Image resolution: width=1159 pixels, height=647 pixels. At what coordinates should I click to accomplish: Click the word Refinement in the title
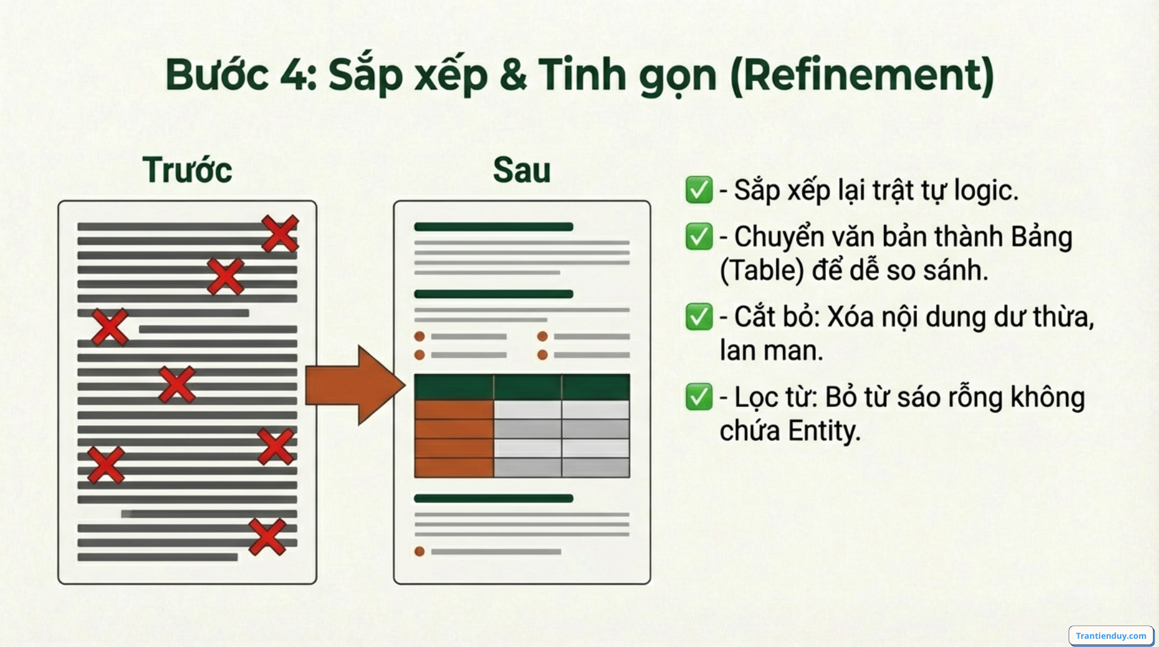[862, 75]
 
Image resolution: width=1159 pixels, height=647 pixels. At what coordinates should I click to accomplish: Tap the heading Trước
[187, 170]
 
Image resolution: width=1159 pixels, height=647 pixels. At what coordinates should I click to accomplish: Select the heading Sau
[521, 170]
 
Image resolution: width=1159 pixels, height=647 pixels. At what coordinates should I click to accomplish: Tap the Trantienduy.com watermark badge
[1110, 636]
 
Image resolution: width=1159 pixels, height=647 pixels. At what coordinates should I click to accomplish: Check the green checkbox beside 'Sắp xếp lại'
[698, 190]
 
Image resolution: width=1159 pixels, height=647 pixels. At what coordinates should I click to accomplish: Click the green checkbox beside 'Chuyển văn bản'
[698, 237]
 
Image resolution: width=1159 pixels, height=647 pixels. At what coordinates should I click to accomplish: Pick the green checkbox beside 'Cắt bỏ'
[698, 317]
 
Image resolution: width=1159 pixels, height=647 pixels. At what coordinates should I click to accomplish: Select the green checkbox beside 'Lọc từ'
[698, 397]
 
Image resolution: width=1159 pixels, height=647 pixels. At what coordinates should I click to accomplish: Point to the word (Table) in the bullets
[762, 270]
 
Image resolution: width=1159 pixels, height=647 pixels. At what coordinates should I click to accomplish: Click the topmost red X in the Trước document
[280, 233]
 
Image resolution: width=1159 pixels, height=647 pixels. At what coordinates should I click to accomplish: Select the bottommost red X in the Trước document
[267, 537]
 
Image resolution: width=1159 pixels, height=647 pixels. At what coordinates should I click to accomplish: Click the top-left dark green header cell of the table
[454, 387]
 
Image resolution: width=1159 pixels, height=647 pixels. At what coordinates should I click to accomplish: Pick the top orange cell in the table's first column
[454, 409]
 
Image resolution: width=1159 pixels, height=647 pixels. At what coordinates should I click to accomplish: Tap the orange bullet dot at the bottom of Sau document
[419, 552]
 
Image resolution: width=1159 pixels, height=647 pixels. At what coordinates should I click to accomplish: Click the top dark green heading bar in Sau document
[494, 227]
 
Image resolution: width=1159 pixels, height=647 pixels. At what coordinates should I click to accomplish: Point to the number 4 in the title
[294, 75]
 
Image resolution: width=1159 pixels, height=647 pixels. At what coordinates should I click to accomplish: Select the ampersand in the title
[513, 75]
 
